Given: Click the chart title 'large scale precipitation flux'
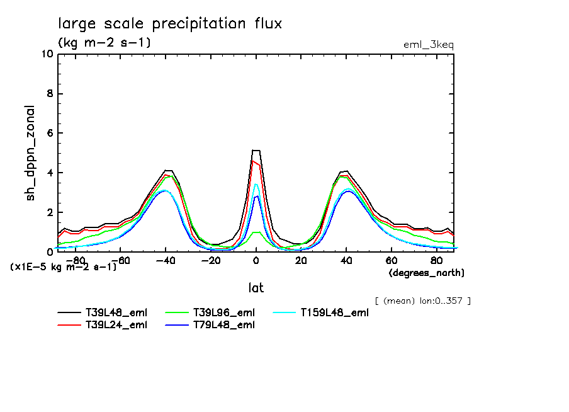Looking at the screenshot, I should point(170,24).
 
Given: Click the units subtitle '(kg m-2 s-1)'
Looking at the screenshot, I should point(104,43).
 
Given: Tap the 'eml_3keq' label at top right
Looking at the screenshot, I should point(428,45).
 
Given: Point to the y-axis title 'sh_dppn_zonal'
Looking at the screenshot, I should point(30,153).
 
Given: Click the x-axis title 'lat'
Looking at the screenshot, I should point(256,288).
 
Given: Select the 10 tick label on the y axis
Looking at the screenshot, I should point(46,54).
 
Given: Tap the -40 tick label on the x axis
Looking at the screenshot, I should point(164,260).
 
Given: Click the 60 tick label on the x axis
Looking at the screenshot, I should point(390,260).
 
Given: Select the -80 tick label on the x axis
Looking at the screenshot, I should point(75,260).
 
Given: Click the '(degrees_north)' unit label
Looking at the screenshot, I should point(427,273).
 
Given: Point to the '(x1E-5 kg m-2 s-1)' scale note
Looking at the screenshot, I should point(64,266).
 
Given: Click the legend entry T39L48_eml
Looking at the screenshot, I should point(116,312).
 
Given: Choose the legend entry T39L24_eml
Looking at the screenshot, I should point(116,325).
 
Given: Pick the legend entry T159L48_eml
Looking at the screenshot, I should point(334,312).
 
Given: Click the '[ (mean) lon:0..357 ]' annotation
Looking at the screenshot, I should point(422,300).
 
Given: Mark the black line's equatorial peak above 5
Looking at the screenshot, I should point(256,151).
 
